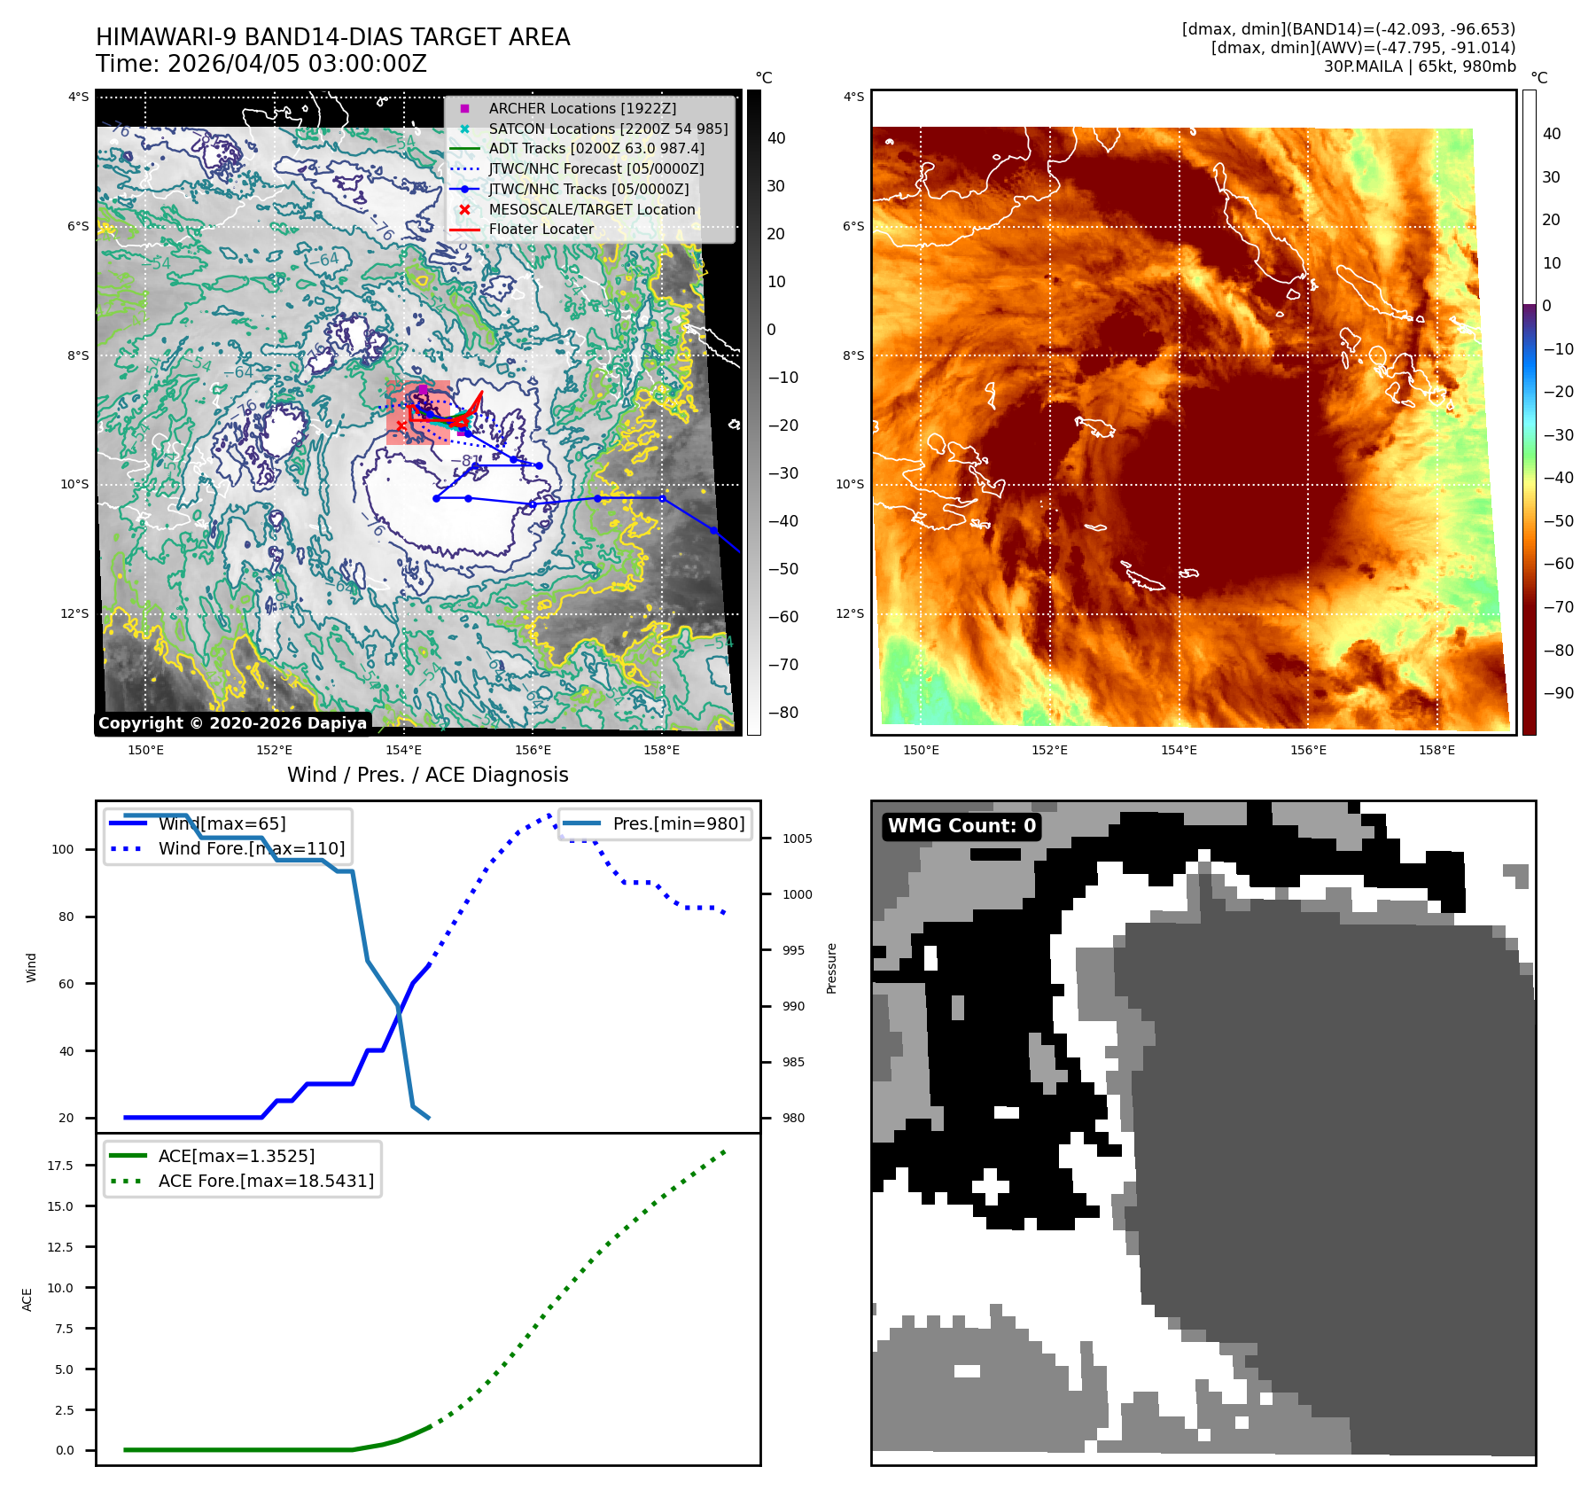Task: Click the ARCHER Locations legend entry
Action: [x=582, y=108]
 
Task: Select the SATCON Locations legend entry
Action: [x=608, y=129]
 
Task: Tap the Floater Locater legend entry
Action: [x=541, y=229]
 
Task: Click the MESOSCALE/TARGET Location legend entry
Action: [x=591, y=209]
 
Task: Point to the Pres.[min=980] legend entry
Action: [x=678, y=823]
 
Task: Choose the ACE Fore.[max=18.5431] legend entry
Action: [x=266, y=1181]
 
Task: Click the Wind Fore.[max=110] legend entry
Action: [x=252, y=848]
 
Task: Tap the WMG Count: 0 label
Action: [x=961, y=826]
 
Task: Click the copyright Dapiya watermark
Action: [x=232, y=723]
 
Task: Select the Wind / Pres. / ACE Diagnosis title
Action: [x=428, y=775]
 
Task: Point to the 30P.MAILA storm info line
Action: [x=1420, y=66]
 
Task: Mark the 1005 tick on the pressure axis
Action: [x=797, y=839]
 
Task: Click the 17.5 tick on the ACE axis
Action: [x=60, y=1166]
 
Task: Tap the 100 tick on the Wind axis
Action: [x=63, y=849]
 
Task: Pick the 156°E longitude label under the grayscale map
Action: [x=533, y=750]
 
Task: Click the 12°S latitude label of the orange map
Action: [x=850, y=613]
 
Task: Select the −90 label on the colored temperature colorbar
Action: [x=1558, y=693]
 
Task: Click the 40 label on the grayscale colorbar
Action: [x=776, y=138]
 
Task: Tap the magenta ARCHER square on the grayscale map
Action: [x=423, y=389]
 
